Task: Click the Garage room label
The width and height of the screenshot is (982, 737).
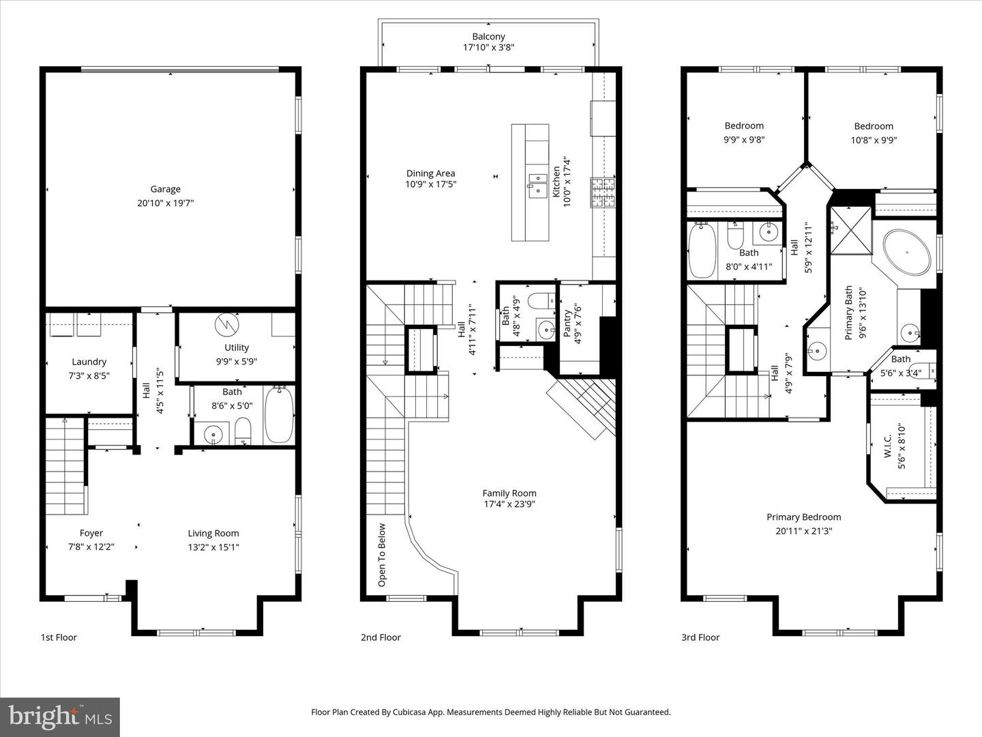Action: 166,190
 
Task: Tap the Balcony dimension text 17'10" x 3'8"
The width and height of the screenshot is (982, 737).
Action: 488,48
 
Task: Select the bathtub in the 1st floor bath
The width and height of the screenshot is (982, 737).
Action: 278,414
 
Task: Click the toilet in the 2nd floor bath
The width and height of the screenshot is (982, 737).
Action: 544,301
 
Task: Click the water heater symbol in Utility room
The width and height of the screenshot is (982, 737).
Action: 225,325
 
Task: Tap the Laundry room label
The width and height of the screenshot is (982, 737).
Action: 89,362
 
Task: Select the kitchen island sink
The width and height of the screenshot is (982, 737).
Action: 537,184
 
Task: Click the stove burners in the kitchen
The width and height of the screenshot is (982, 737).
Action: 603,192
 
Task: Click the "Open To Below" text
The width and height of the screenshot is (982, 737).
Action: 382,555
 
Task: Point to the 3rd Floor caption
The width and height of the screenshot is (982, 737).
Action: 700,637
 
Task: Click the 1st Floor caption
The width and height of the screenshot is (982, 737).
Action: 59,637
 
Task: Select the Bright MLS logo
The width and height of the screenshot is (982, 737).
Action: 60,717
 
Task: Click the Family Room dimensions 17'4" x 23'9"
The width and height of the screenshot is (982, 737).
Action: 509,504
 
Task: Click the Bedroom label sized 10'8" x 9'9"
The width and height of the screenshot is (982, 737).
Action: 874,126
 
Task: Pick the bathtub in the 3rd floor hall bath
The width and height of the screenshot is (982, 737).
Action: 702,250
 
